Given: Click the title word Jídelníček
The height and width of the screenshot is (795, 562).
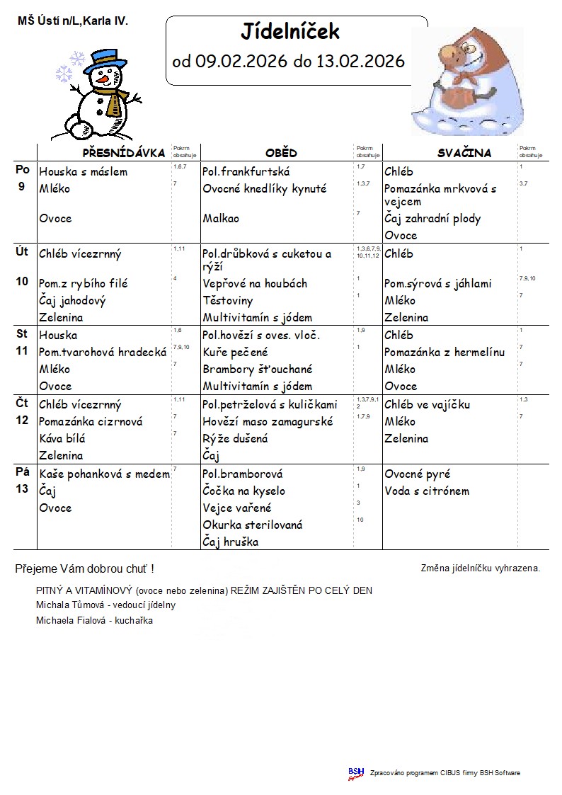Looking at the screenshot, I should click(290, 32).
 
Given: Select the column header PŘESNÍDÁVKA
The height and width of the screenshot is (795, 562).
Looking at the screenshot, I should click(124, 153).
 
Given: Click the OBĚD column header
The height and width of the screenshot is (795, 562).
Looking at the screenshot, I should click(281, 153).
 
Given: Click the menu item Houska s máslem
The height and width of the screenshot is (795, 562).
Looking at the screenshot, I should click(84, 172).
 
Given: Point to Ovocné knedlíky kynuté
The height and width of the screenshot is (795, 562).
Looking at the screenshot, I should click(265, 189).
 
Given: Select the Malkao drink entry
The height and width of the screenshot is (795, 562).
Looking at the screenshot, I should click(221, 219).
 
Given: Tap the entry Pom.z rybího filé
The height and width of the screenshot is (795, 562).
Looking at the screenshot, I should click(84, 284).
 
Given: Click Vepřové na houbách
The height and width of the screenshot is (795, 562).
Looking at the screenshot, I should click(255, 284).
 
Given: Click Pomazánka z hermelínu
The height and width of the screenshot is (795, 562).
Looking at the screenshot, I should click(445, 353).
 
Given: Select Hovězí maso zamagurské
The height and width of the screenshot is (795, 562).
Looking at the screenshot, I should click(268, 421).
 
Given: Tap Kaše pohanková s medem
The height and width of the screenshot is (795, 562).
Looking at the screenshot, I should click(105, 474).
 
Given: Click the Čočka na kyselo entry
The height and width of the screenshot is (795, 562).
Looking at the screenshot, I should click(244, 491).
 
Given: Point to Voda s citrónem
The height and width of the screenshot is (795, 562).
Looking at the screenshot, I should click(427, 491).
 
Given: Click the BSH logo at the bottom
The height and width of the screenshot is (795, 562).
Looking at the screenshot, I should click(356, 773).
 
